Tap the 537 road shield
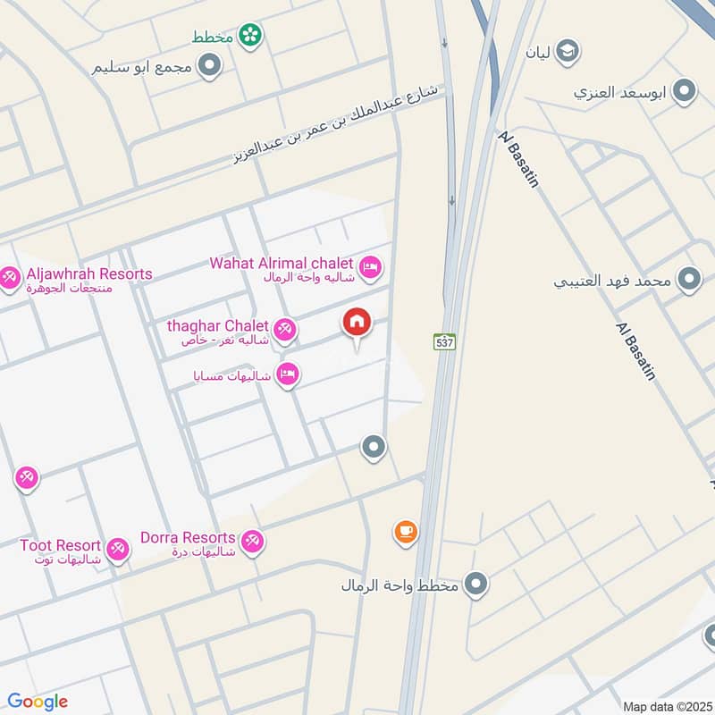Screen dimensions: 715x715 click(x=444, y=341)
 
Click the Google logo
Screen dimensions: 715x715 click(x=38, y=702)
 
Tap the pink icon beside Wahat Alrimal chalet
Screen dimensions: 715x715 click(x=370, y=266)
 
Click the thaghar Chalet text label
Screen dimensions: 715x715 click(x=217, y=326)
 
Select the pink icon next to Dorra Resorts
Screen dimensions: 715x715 click(x=252, y=540)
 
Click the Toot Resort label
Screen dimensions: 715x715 click(x=61, y=544)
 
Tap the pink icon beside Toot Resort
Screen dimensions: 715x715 click(x=117, y=549)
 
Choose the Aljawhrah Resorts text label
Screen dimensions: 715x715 click(x=89, y=274)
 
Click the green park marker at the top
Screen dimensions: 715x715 click(x=250, y=36)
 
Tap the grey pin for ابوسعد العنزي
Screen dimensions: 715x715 click(x=685, y=91)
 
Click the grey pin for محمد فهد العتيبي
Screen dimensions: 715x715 click(x=688, y=280)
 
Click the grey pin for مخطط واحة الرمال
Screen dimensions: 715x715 click(x=477, y=585)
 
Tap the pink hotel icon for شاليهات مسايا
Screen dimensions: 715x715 click(x=287, y=374)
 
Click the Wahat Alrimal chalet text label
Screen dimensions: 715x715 click(x=282, y=263)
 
